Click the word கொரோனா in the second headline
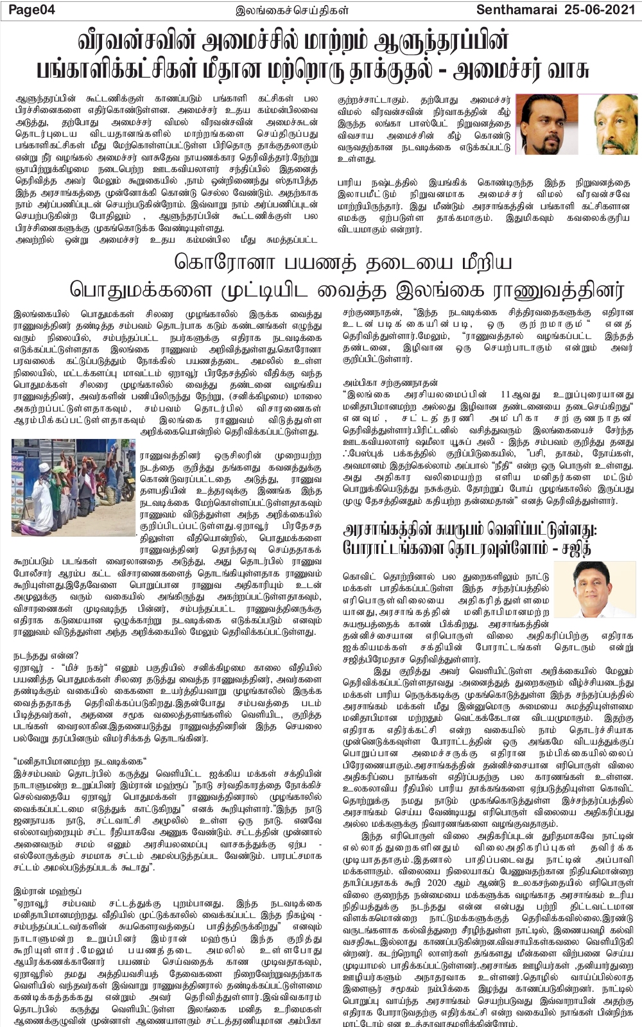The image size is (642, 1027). tap(214, 263)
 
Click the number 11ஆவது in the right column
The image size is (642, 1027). tap(508, 394)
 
